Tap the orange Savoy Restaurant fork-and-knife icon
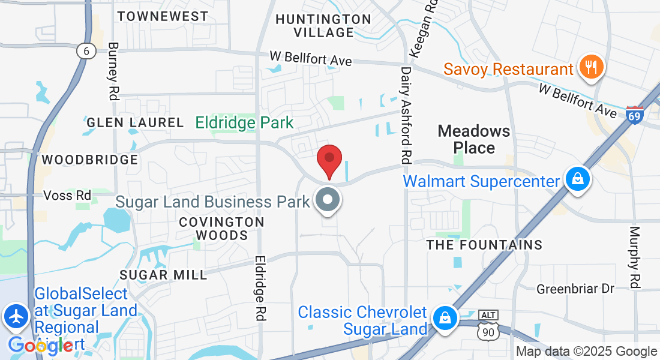[x=592, y=67]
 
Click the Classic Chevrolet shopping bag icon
[x=445, y=317]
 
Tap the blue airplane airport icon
[x=16, y=316]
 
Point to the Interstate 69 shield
[x=634, y=114]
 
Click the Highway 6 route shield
[x=86, y=52]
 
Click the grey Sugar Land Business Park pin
[x=328, y=200]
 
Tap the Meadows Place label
[x=474, y=139]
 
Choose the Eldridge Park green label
[x=245, y=123]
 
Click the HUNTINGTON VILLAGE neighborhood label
[x=323, y=26]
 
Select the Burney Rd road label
[x=113, y=71]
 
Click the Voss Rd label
[x=67, y=196]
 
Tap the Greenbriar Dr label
[x=575, y=289]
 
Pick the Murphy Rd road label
[x=635, y=256]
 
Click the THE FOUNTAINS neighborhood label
[x=484, y=245]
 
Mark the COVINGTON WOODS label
[x=222, y=229]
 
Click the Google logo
[x=41, y=345]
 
